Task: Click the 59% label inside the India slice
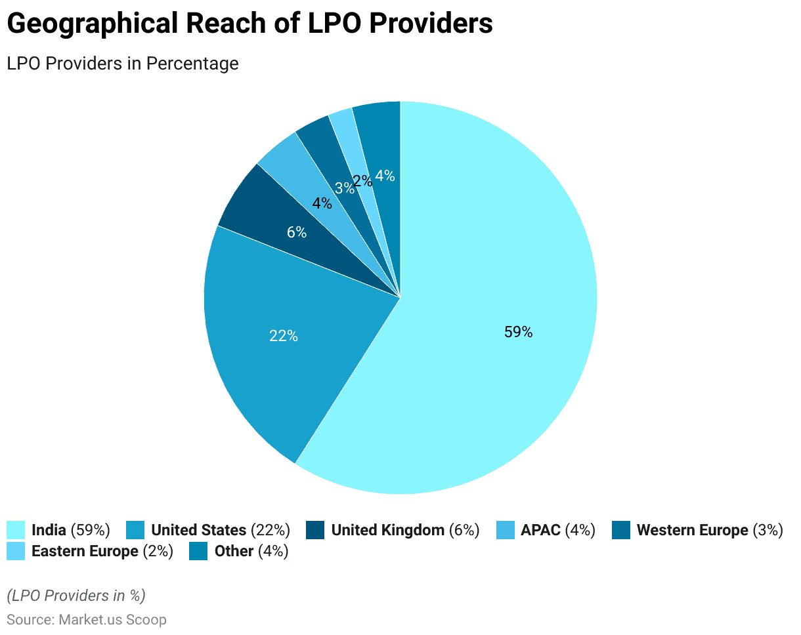point(518,333)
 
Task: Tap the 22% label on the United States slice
point(284,336)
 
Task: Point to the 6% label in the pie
point(297,232)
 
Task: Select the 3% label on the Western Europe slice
point(344,188)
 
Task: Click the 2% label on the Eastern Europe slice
point(362,181)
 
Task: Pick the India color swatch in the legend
point(16,530)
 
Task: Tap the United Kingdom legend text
point(387,530)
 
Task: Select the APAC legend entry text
point(540,530)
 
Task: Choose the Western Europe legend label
point(692,530)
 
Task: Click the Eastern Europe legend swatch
point(16,551)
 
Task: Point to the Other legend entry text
point(234,551)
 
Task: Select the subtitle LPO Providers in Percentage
point(122,64)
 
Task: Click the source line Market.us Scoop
point(112,619)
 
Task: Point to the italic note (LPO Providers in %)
point(76,596)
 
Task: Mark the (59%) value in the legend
point(90,530)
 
